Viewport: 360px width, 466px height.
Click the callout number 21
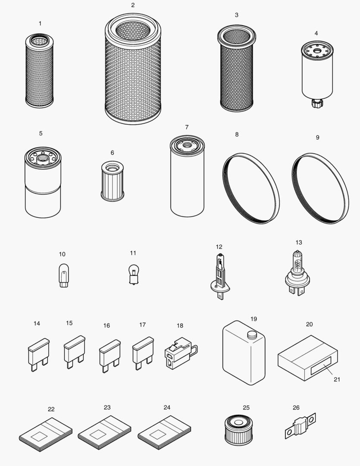point(337,379)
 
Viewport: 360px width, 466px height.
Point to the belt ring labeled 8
point(251,190)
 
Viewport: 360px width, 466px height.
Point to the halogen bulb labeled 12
point(220,276)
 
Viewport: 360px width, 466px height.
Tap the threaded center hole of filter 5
point(43,158)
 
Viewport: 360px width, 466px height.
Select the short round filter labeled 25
point(238,431)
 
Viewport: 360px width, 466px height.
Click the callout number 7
point(187,127)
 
